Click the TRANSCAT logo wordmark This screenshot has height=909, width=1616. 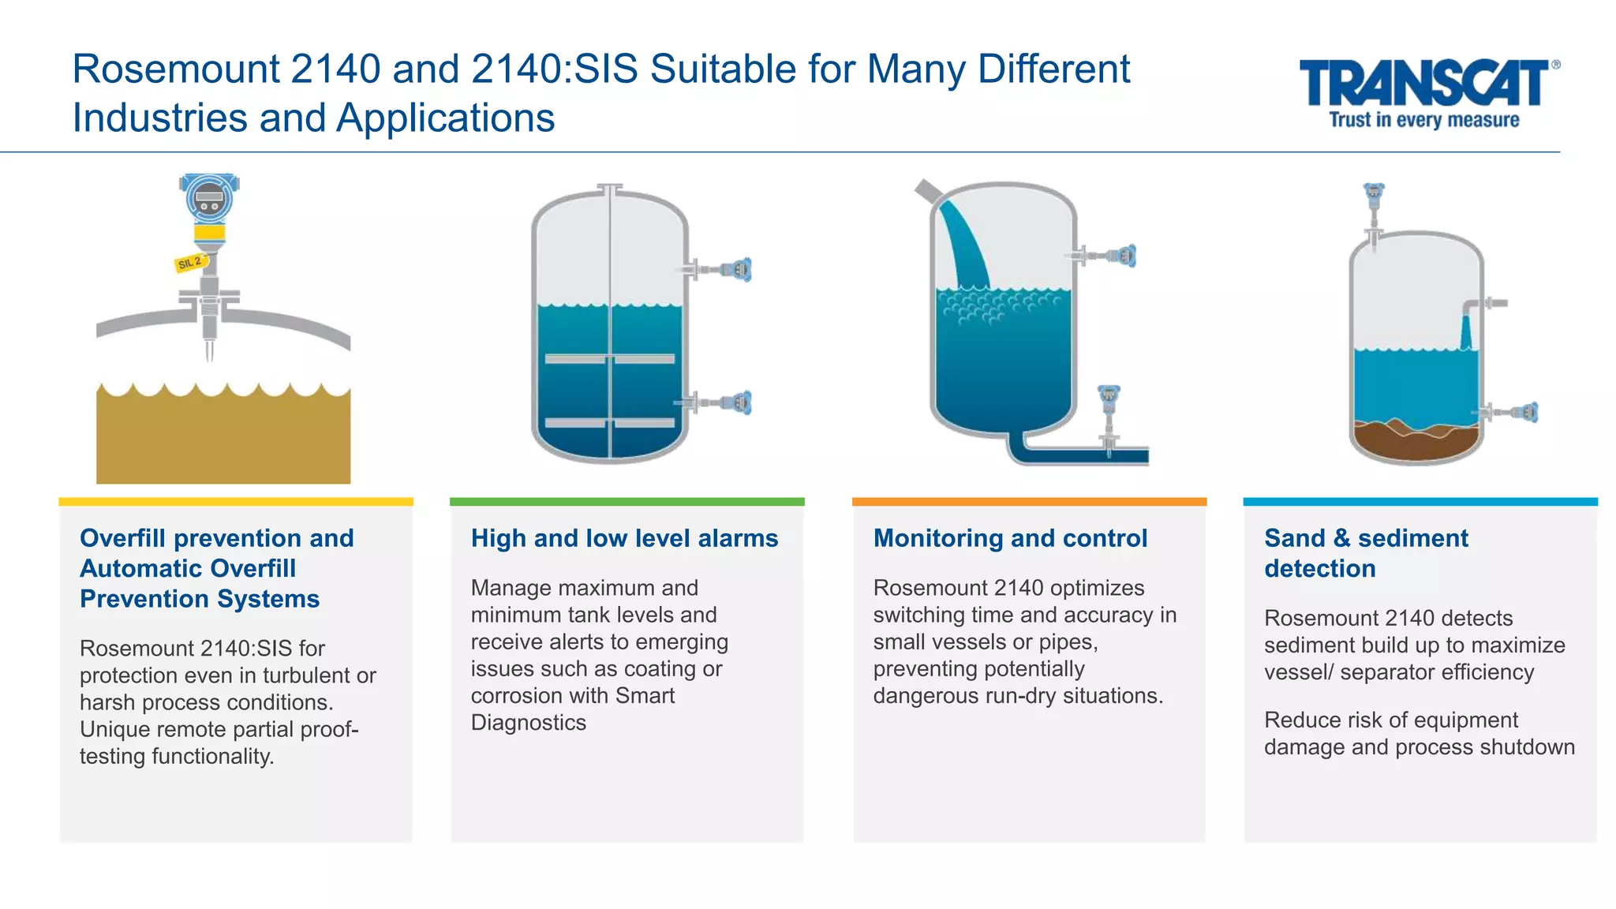pyautogui.click(x=1424, y=83)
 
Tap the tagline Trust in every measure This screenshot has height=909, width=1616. pyautogui.click(x=1424, y=120)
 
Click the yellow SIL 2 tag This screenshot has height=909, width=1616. pyautogui.click(x=190, y=263)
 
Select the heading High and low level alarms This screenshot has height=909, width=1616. pyautogui.click(x=624, y=538)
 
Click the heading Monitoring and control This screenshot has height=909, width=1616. pyautogui.click(x=1010, y=538)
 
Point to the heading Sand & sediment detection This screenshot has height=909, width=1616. pyautogui.click(x=1366, y=553)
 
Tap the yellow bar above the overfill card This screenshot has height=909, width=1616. pyautogui.click(x=236, y=502)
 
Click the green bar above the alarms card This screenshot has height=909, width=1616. pyautogui.click(x=627, y=502)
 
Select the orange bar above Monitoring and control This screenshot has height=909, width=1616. pyautogui.click(x=1029, y=502)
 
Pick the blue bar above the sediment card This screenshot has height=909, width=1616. pyautogui.click(x=1420, y=502)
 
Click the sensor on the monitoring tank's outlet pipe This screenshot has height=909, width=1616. pyautogui.click(x=1109, y=410)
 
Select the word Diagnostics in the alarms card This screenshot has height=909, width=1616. pyautogui.click(x=528, y=723)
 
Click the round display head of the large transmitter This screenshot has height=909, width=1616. pyautogui.click(x=209, y=197)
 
